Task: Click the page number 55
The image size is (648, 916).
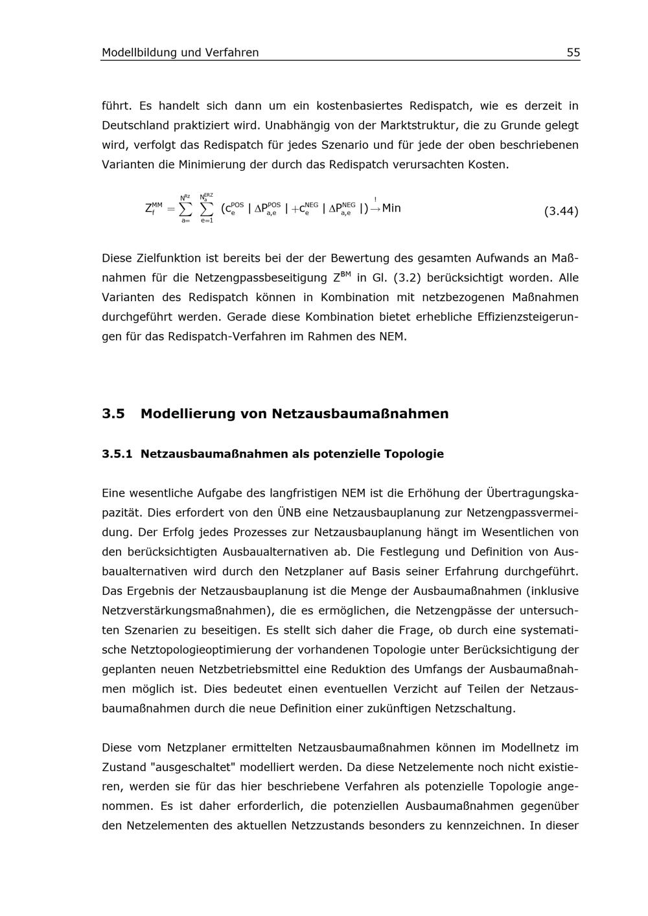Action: coord(573,52)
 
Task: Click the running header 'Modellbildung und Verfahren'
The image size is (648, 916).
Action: coord(180,52)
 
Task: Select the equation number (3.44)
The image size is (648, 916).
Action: coord(561,211)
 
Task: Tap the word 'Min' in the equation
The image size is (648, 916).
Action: coord(391,208)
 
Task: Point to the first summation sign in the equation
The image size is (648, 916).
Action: coord(185,208)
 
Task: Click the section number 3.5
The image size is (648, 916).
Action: coord(113,414)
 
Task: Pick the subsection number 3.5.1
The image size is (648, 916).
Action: coord(117,454)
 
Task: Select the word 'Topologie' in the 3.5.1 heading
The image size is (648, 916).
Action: coord(413,454)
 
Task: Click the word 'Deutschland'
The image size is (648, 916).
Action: coord(134,125)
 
